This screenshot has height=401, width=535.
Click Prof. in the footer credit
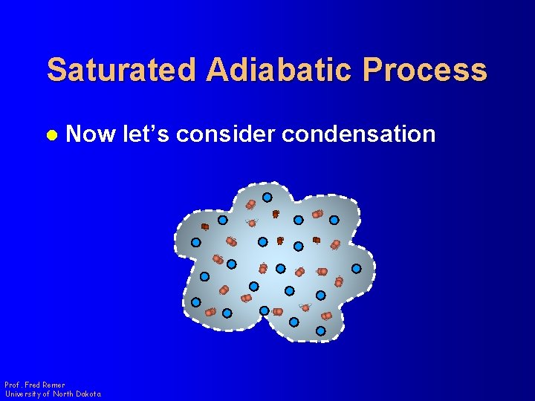point(13,385)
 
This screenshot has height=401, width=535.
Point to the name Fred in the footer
point(32,385)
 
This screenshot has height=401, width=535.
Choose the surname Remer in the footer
point(53,385)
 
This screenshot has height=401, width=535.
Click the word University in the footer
point(23,394)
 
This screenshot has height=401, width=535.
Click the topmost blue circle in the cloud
point(267,198)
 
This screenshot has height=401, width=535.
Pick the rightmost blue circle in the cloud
point(357,268)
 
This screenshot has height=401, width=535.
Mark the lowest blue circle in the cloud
point(320,331)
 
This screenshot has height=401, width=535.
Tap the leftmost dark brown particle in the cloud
point(205,226)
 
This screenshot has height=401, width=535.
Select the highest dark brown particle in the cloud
point(276,214)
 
